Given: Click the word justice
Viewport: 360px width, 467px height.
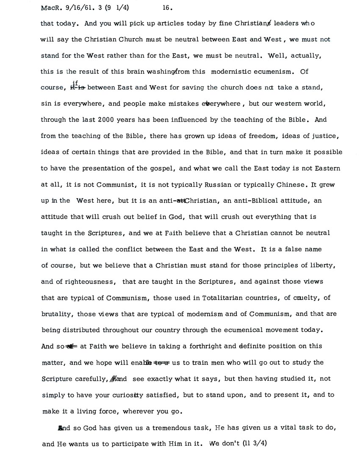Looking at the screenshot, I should pyautogui.click(x=322, y=136).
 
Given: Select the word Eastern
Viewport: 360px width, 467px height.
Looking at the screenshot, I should pyautogui.click(x=324, y=168).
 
